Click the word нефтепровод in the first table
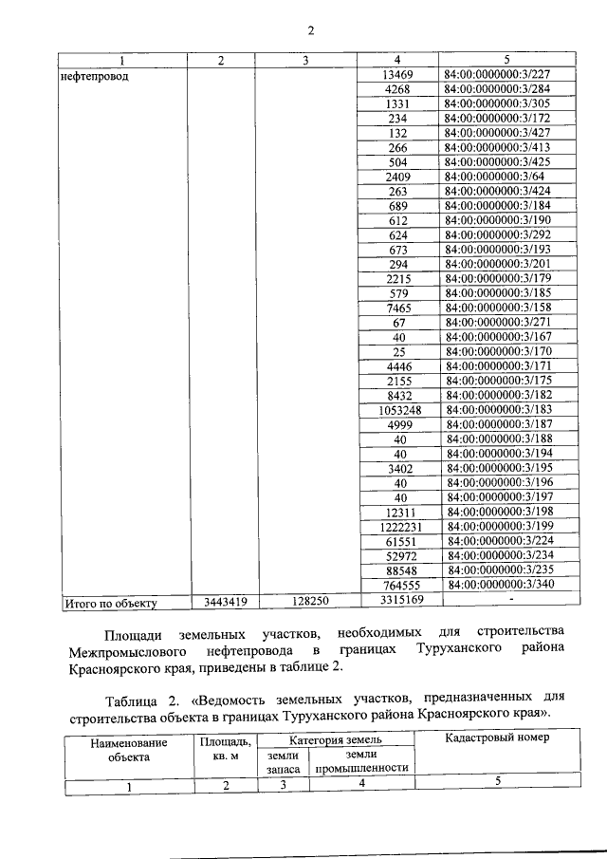point(96,76)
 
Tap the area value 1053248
point(398,410)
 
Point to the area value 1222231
point(398,527)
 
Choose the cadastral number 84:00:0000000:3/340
point(497,586)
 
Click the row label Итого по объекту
point(109,602)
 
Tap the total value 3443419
point(219,602)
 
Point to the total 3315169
point(398,601)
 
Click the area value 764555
point(398,586)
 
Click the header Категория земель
point(336,739)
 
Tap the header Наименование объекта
point(129,751)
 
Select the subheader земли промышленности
point(361,760)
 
